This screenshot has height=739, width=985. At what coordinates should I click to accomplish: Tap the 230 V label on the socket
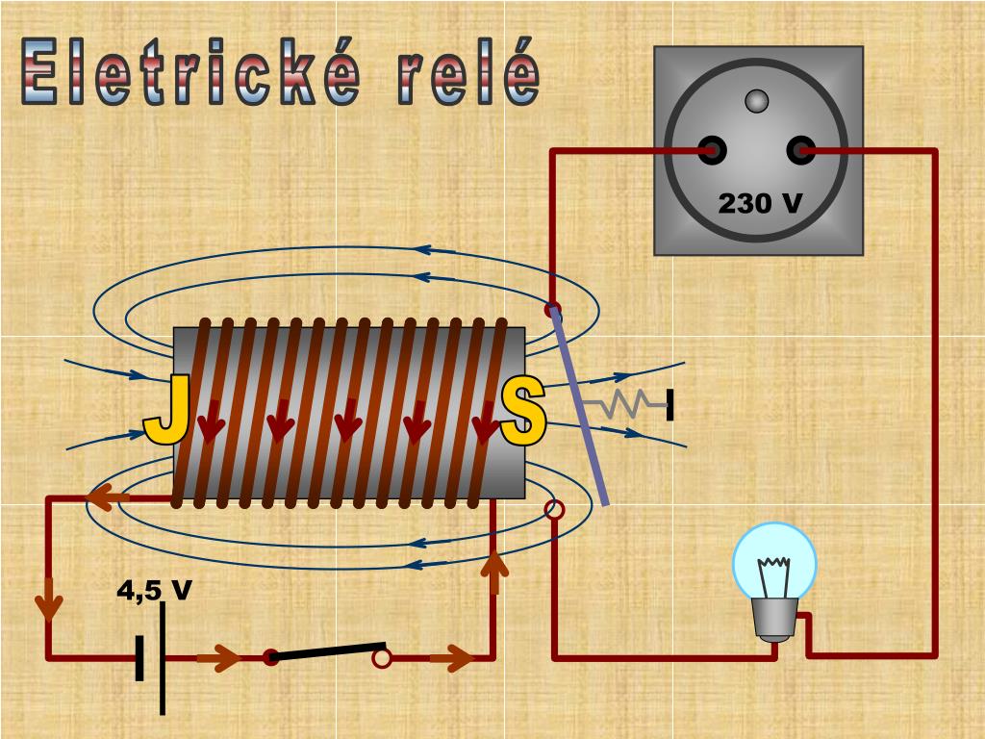click(760, 204)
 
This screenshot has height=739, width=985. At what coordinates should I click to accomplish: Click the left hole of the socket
click(713, 150)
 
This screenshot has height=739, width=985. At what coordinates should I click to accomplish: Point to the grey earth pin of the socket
click(757, 100)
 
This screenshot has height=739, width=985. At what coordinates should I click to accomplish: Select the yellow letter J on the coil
click(165, 411)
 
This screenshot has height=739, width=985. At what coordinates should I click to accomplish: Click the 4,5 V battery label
click(155, 590)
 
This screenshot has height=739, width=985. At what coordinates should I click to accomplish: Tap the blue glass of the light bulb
click(774, 561)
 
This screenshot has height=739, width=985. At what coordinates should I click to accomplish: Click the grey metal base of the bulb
click(774, 620)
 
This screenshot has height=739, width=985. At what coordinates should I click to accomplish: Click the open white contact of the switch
click(382, 658)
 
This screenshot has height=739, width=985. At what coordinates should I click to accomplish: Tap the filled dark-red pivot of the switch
click(271, 658)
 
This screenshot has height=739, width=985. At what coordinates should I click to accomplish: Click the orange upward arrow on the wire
click(493, 572)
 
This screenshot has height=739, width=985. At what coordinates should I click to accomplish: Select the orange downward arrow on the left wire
click(48, 603)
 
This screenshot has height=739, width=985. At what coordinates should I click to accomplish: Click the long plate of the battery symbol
click(163, 657)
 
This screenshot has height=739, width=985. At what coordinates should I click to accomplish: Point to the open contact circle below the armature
click(553, 510)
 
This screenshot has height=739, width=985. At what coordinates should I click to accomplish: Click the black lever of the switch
click(327, 651)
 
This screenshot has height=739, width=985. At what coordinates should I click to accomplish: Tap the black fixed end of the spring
click(669, 405)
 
